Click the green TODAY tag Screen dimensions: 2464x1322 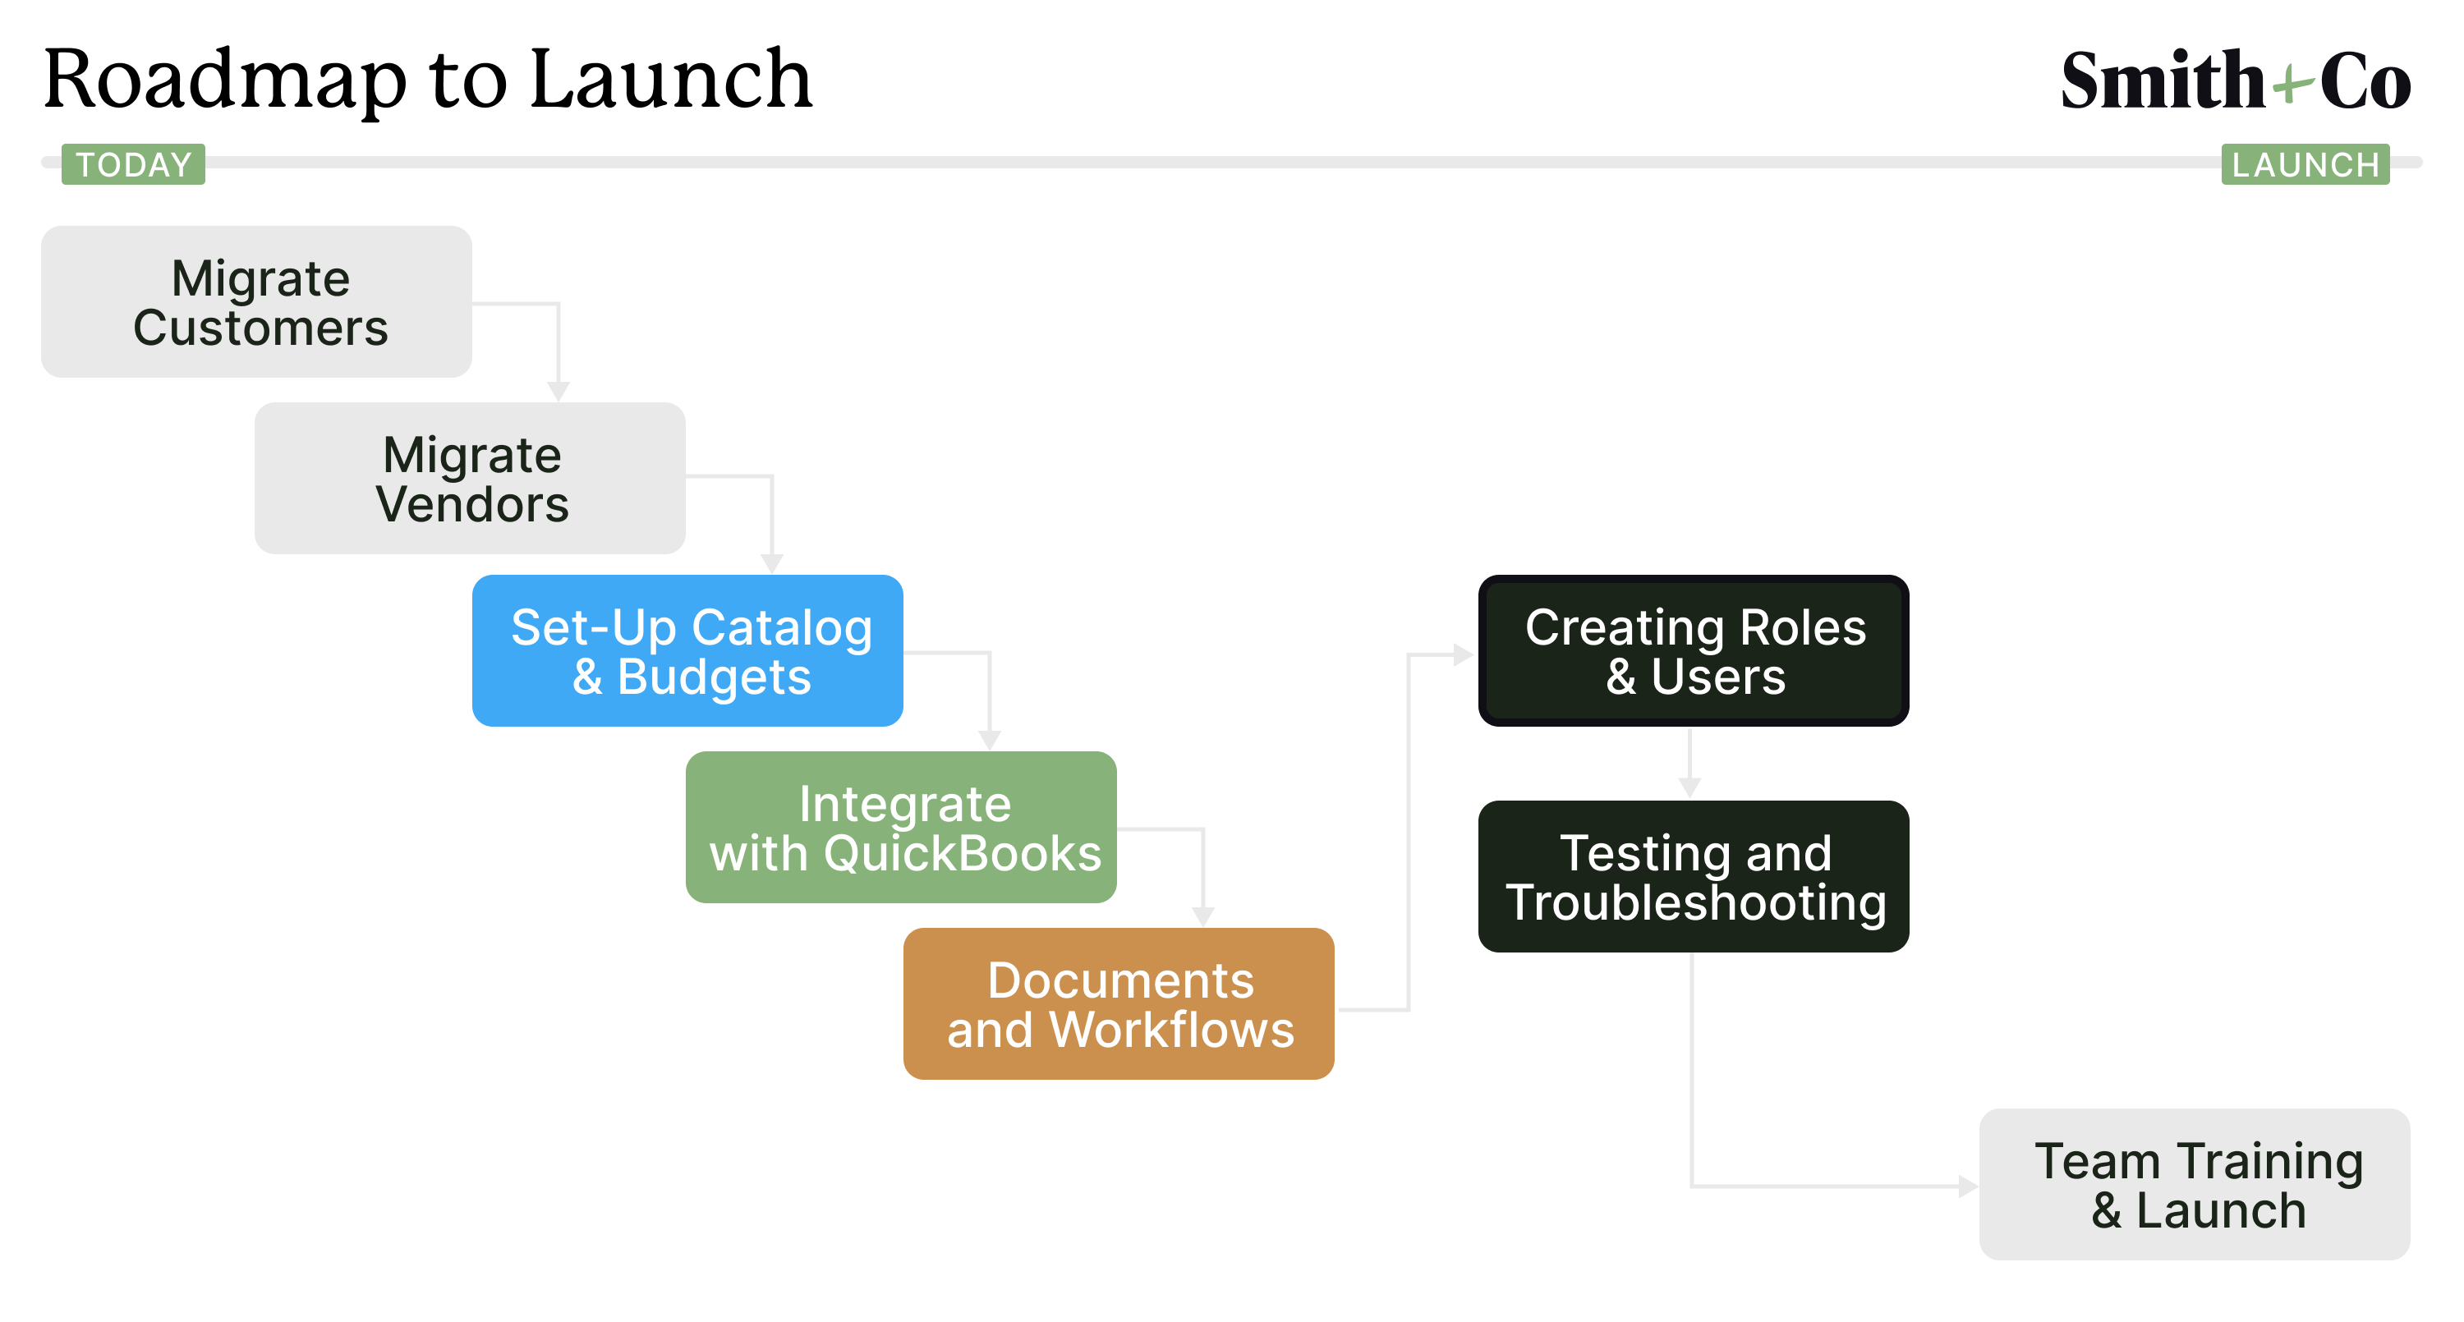point(133,164)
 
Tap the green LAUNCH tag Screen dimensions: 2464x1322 point(2305,164)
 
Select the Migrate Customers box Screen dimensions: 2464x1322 point(256,301)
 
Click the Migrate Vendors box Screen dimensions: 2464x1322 point(470,478)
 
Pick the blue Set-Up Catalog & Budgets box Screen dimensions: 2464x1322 point(687,650)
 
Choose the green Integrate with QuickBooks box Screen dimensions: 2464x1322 point(901,828)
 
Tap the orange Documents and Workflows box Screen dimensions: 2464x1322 point(1119,1003)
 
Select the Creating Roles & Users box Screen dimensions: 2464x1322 point(1694,650)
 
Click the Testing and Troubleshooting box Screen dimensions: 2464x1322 point(1694,876)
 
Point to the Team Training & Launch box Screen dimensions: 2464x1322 point(2195,1184)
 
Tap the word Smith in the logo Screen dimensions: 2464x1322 point(2163,80)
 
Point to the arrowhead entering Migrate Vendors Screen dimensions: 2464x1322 point(559,391)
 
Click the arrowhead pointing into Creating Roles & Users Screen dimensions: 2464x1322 point(1464,655)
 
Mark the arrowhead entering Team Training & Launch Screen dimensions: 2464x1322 point(1969,1187)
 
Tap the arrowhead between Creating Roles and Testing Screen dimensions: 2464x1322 point(1690,788)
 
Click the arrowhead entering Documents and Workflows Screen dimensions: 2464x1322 point(1203,916)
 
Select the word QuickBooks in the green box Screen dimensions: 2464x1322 point(963,853)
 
